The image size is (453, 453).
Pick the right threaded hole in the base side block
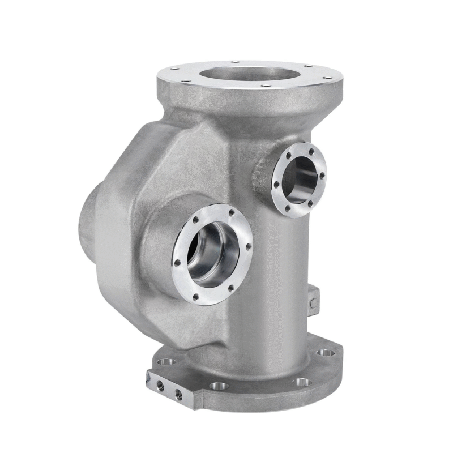(x=179, y=394)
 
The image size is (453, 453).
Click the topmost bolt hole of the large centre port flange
(x=231, y=213)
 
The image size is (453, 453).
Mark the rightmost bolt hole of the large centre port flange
(x=247, y=247)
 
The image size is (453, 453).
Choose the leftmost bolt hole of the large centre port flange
(x=178, y=264)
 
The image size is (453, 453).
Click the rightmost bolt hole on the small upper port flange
(x=323, y=175)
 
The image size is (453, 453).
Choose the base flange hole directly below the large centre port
(x=219, y=386)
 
